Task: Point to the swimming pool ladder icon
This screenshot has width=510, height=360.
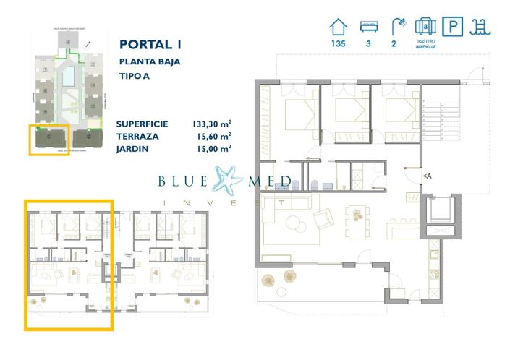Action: pyautogui.click(x=480, y=27)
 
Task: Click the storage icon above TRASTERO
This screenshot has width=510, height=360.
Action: pyautogui.click(x=424, y=27)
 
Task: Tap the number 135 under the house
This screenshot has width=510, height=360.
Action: pyautogui.click(x=338, y=44)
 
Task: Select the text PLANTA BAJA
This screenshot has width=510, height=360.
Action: pyautogui.click(x=149, y=61)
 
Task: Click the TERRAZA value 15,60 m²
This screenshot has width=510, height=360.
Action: pyautogui.click(x=214, y=136)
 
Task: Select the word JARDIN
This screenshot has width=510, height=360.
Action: pyautogui.click(x=132, y=148)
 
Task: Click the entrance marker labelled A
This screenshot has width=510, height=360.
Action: pyautogui.click(x=427, y=176)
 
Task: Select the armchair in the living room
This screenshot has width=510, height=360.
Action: pyautogui.click(x=323, y=216)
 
